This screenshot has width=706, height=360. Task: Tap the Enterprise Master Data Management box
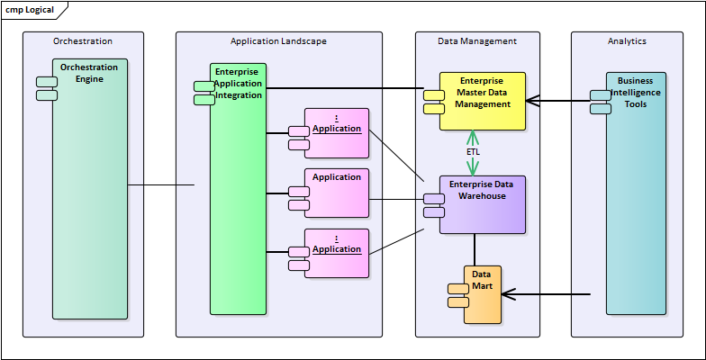pyautogui.click(x=482, y=102)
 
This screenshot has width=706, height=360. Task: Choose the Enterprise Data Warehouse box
pyautogui.click(x=482, y=204)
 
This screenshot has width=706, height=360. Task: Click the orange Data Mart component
pyautogui.click(x=483, y=294)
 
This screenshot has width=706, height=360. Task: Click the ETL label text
pyautogui.click(x=473, y=152)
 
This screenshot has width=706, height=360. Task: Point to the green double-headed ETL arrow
pyautogui.click(x=472, y=139)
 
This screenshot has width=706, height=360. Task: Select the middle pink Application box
pyautogui.click(x=337, y=193)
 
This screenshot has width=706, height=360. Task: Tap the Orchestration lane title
pyautogui.click(x=83, y=41)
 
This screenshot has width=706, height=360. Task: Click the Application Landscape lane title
pyautogui.click(x=278, y=41)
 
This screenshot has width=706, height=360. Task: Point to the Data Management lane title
pyautogui.click(x=477, y=41)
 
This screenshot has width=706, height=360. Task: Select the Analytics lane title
pyautogui.click(x=627, y=41)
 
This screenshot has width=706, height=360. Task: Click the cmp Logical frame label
pyautogui.click(x=30, y=10)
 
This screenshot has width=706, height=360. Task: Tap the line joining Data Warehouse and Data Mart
pyautogui.click(x=475, y=249)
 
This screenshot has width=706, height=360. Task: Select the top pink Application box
pyautogui.click(x=337, y=133)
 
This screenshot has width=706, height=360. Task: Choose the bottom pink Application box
pyautogui.click(x=337, y=253)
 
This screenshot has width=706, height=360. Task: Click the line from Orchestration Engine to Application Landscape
pyautogui.click(x=162, y=186)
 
